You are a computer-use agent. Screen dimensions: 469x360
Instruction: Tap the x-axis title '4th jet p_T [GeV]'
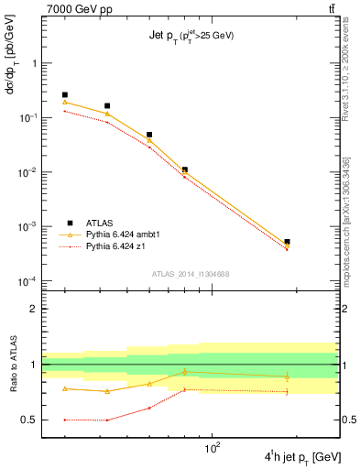304,456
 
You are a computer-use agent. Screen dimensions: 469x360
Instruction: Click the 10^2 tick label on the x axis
214,450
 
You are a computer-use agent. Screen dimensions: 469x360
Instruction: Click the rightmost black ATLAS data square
287,242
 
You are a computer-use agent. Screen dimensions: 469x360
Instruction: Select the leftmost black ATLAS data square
65,94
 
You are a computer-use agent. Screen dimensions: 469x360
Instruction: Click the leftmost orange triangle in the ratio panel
65,388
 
